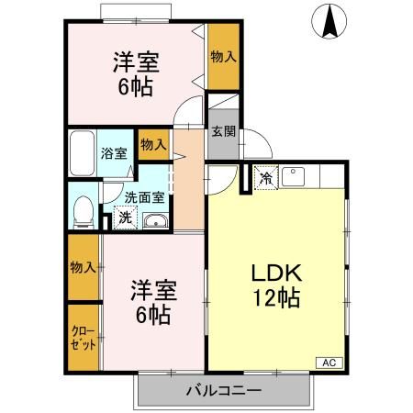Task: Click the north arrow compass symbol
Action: pos(329,21)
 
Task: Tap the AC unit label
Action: pos(329,363)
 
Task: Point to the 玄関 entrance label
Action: pos(222,130)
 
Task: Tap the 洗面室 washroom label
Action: pos(145,196)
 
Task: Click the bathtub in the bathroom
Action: pos(82,153)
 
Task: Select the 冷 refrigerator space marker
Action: pos(265,177)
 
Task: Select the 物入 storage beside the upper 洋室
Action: pos(223,56)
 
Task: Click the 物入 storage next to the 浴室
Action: pos(152,144)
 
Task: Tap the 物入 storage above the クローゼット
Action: pos(83,267)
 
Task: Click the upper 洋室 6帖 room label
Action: pos(136,74)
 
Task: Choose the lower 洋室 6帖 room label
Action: pos(150,300)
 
